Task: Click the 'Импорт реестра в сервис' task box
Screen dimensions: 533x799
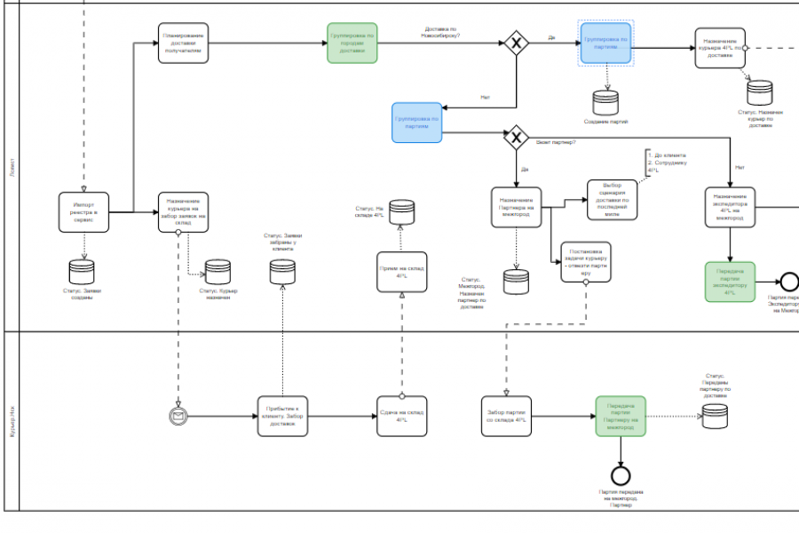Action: point(84,211)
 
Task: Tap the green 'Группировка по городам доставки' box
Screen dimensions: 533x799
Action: point(352,43)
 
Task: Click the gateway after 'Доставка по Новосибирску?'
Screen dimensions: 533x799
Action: point(516,44)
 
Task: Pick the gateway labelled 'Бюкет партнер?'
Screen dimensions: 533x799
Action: point(516,138)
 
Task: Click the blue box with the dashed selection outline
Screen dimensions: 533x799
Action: point(606,43)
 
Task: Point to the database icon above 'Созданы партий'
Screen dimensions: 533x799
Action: point(606,101)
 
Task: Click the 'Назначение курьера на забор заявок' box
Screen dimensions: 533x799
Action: point(184,211)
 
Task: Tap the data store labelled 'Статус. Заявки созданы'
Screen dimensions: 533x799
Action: point(82,271)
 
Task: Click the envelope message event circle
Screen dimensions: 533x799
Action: point(179,416)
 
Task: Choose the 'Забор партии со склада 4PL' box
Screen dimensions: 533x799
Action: point(507,416)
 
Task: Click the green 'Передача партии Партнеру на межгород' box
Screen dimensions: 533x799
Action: point(621,416)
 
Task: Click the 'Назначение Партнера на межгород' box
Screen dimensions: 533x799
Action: point(517,206)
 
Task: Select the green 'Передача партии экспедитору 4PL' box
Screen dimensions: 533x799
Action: point(730,281)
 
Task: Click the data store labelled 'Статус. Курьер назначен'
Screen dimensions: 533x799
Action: point(218,271)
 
